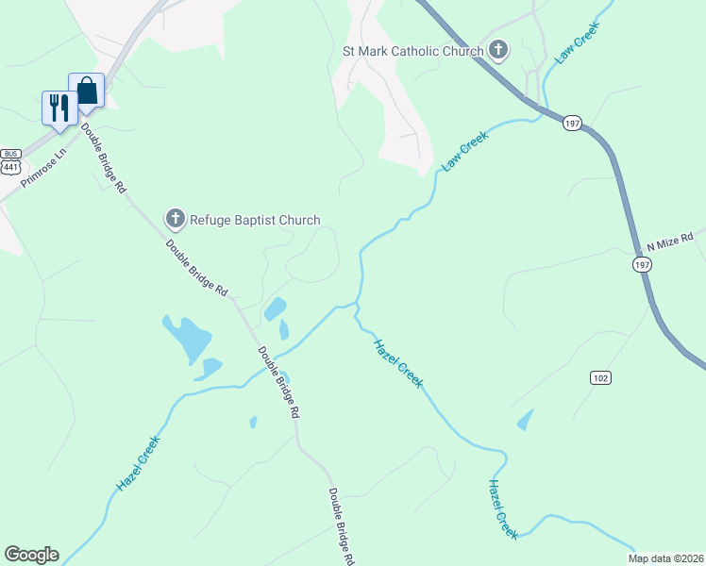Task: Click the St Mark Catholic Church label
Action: click(412, 51)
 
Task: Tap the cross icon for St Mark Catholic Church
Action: click(497, 50)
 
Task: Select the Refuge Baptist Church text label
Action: click(255, 220)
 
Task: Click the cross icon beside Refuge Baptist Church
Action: click(175, 220)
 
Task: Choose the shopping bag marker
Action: click(86, 91)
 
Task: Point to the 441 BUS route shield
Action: click(10, 160)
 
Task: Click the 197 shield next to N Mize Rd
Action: click(641, 267)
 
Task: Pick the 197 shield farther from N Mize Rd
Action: click(573, 124)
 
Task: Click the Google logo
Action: click(31, 555)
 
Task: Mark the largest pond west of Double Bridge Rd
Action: click(187, 337)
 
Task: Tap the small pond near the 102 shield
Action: click(525, 420)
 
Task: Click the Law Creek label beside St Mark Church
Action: click(577, 44)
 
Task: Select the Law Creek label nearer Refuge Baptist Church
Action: click(464, 150)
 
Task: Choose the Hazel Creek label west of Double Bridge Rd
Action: click(139, 461)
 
